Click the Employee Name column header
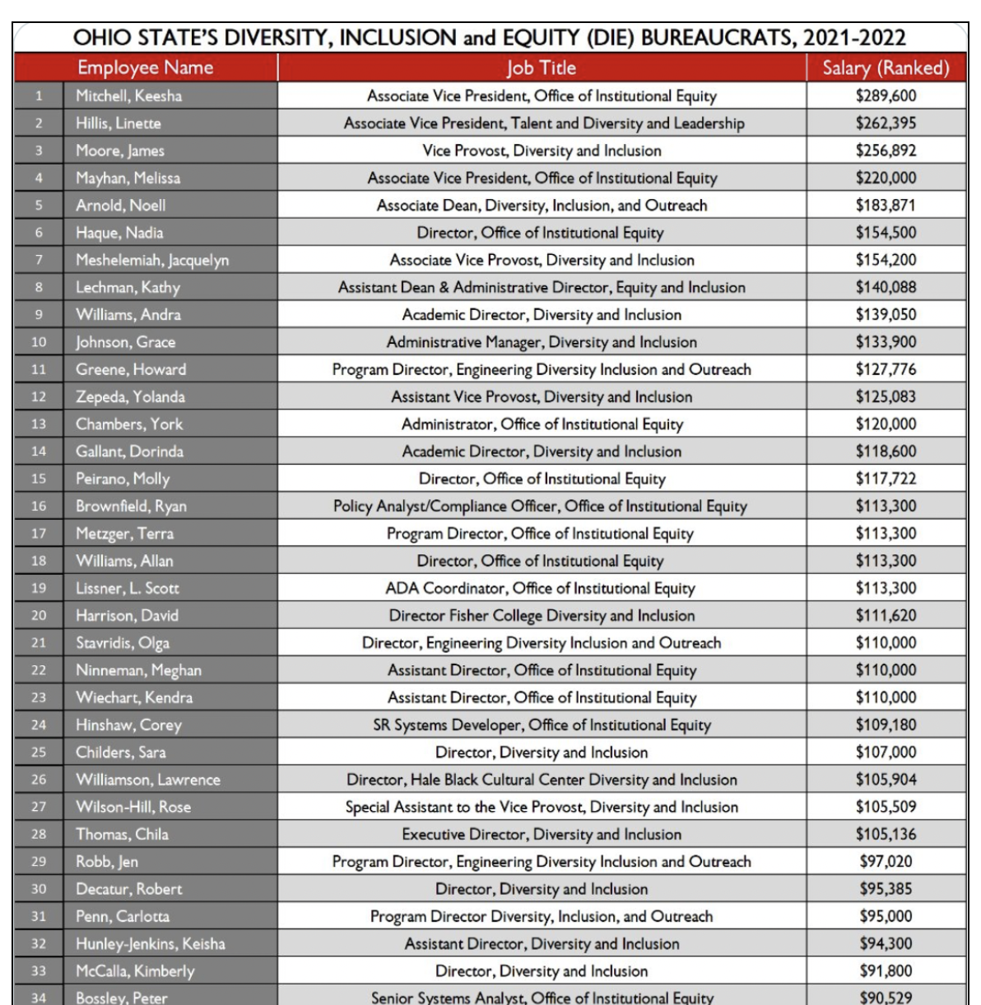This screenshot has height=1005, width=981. [x=145, y=67]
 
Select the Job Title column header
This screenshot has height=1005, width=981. [x=541, y=67]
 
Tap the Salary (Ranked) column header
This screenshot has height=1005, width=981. [x=886, y=67]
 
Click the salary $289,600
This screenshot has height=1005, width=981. [x=886, y=95]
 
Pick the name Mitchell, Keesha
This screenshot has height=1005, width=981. [x=129, y=95]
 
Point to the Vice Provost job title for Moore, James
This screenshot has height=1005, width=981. [x=542, y=151]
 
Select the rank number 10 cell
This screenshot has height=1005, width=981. [x=39, y=342]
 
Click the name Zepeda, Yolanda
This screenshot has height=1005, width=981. [x=130, y=396]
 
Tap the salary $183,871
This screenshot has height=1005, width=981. [x=886, y=205]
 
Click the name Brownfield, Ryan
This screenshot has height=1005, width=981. [x=131, y=506]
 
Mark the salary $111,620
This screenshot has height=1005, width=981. [x=886, y=615]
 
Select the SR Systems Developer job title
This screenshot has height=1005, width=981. [x=542, y=725]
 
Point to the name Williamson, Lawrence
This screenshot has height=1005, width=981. [x=148, y=779]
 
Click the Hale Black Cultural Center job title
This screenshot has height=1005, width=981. [x=542, y=779]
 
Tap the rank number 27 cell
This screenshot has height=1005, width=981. [x=39, y=807]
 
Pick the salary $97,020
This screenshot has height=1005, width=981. [x=886, y=861]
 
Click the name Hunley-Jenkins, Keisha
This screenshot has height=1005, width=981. [x=151, y=943]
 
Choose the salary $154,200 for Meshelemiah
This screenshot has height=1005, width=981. [x=886, y=260]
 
